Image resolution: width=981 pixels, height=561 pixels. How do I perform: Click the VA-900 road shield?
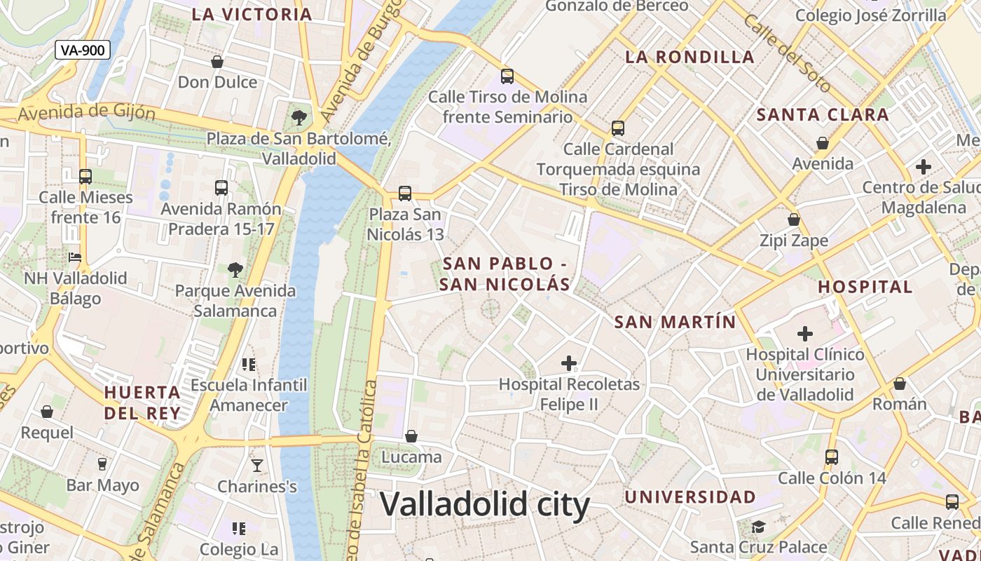click(x=83, y=50)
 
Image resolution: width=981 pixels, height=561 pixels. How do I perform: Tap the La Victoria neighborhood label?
click(x=252, y=14)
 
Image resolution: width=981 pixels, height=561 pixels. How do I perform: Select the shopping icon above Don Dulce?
click(x=217, y=62)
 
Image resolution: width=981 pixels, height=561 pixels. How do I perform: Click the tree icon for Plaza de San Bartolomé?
click(x=299, y=116)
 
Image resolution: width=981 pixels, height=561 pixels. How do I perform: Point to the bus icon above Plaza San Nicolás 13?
click(x=404, y=193)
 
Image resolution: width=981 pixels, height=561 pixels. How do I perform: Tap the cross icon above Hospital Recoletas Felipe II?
click(x=569, y=363)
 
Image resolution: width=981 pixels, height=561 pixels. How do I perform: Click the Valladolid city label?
click(x=485, y=504)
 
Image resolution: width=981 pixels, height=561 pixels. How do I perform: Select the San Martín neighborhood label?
click(x=675, y=322)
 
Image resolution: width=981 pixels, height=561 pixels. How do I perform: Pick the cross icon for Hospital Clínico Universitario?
click(x=805, y=333)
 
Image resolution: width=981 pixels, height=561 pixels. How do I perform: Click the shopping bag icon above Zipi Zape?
click(x=794, y=219)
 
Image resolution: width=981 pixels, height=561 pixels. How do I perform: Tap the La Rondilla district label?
click(x=690, y=58)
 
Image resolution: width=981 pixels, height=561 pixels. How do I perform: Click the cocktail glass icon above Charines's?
click(x=257, y=465)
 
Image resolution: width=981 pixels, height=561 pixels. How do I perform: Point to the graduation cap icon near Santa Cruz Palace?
click(x=758, y=526)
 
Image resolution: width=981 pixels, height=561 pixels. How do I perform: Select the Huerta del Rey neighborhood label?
click(x=142, y=403)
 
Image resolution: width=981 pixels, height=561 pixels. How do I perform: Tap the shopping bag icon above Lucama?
click(x=411, y=436)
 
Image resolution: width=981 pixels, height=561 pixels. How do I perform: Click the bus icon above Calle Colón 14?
click(x=832, y=457)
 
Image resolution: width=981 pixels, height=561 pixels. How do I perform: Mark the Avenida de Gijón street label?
click(x=87, y=112)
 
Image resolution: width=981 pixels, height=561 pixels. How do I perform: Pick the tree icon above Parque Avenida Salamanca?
click(x=235, y=269)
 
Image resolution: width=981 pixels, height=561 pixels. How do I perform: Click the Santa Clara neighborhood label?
click(x=823, y=115)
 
